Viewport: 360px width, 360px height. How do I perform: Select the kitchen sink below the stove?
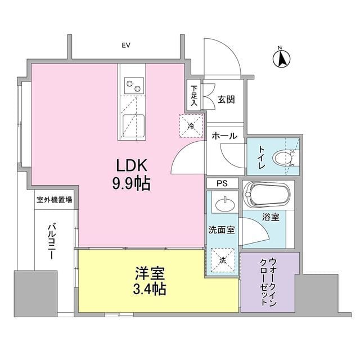[x=132, y=121]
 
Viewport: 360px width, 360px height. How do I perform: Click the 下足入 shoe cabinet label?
[x=193, y=95]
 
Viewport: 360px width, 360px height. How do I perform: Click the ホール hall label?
[x=224, y=137]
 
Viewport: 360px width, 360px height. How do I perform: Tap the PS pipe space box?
[x=223, y=183]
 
